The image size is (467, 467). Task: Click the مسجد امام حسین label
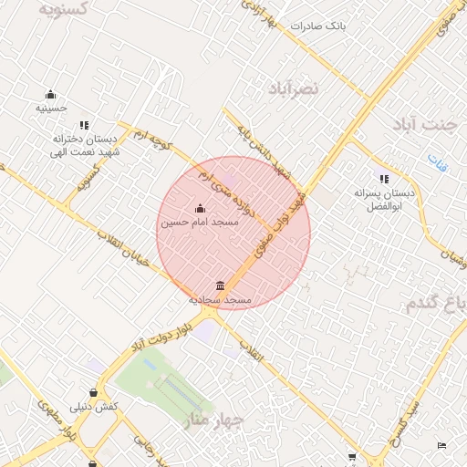tap(199, 222)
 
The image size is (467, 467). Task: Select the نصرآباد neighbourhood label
tap(294, 88)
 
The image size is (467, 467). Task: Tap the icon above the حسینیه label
tap(51, 94)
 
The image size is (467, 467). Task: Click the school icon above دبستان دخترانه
tap(84, 125)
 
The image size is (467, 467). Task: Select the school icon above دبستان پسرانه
tap(384, 179)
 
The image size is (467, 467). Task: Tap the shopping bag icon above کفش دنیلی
tap(95, 393)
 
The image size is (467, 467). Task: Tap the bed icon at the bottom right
tap(442, 445)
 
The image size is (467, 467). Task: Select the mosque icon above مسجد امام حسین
tap(201, 208)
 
